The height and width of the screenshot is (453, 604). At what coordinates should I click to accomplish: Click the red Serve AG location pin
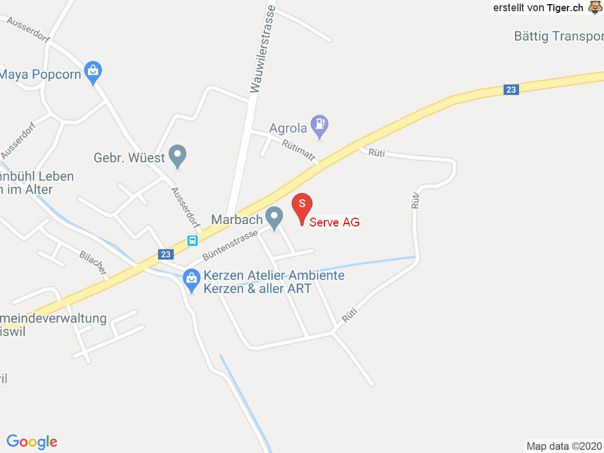[x=302, y=207]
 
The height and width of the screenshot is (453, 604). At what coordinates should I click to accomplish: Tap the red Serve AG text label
[x=334, y=222]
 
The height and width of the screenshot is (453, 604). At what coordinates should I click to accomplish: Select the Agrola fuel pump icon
[x=320, y=124]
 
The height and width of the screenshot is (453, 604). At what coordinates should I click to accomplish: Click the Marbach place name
[x=237, y=219]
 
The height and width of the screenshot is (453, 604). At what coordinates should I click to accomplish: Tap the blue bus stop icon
[x=192, y=240]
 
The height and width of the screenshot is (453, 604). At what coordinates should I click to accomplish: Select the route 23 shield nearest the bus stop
[x=166, y=254]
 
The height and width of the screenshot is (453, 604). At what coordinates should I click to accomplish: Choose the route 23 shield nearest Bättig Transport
[x=511, y=90]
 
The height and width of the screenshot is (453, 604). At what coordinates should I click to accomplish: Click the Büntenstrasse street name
[x=229, y=245]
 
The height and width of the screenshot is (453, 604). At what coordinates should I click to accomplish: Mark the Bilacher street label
[x=93, y=263]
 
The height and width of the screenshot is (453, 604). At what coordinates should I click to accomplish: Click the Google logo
[x=32, y=441]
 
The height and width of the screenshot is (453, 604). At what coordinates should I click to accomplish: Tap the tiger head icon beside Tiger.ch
[x=594, y=8]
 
